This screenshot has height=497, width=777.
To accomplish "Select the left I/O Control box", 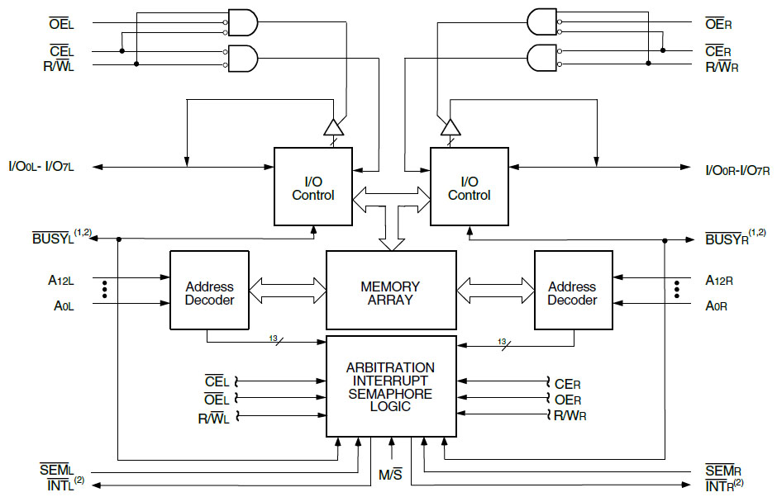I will pos(313,187).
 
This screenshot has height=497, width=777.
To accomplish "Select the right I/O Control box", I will pos(469,187).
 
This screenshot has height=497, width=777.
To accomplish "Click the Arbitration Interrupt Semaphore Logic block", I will pos(391,386).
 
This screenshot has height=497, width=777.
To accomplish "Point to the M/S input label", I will pos(390,475).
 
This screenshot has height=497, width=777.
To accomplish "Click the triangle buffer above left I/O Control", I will pos(333,127).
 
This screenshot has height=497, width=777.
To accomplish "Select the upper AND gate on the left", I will pos(242,23).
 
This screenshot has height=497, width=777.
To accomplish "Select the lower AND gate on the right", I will pos(542,58).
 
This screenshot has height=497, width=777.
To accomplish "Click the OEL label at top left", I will pos(62,23).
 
